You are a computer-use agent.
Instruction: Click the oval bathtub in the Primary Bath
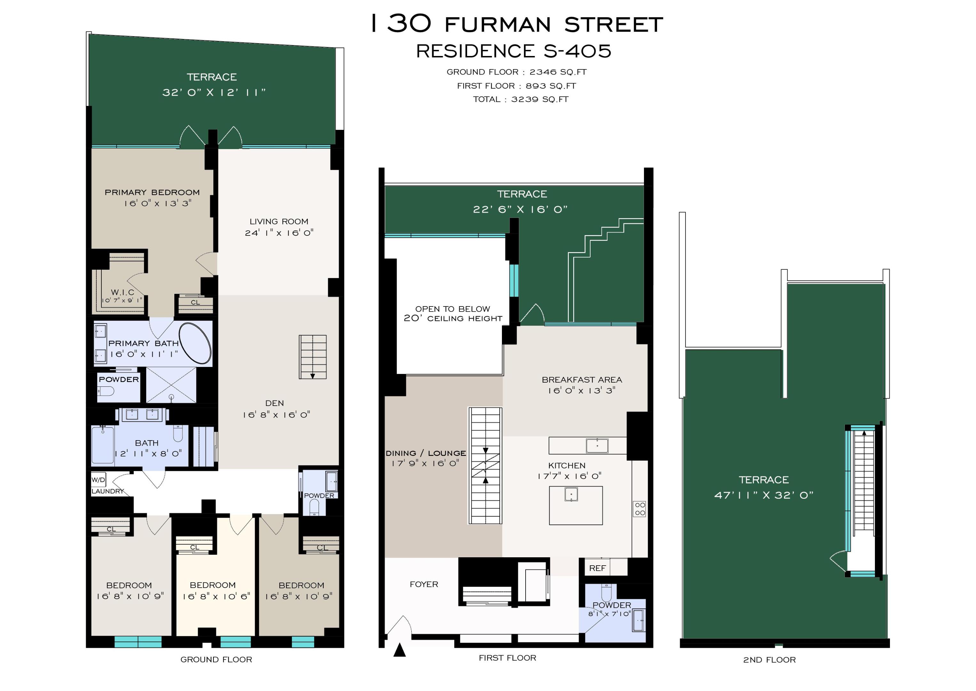195,343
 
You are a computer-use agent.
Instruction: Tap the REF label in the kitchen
597,568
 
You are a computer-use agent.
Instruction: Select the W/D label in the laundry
98,480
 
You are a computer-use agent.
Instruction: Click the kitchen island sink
571,495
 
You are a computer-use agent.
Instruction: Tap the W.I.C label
123,292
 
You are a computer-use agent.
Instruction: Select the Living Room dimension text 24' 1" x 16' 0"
279,233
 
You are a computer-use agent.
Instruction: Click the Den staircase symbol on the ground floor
313,357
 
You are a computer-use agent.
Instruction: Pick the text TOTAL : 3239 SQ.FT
520,99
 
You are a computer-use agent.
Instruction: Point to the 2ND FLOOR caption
769,660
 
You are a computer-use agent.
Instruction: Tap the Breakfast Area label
582,379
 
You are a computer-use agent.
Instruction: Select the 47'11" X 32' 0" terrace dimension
764,495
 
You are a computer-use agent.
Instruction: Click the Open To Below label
452,309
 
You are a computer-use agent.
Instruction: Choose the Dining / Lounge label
425,453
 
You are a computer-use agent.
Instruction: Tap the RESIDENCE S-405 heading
513,52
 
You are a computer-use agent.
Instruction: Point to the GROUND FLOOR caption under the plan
216,660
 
